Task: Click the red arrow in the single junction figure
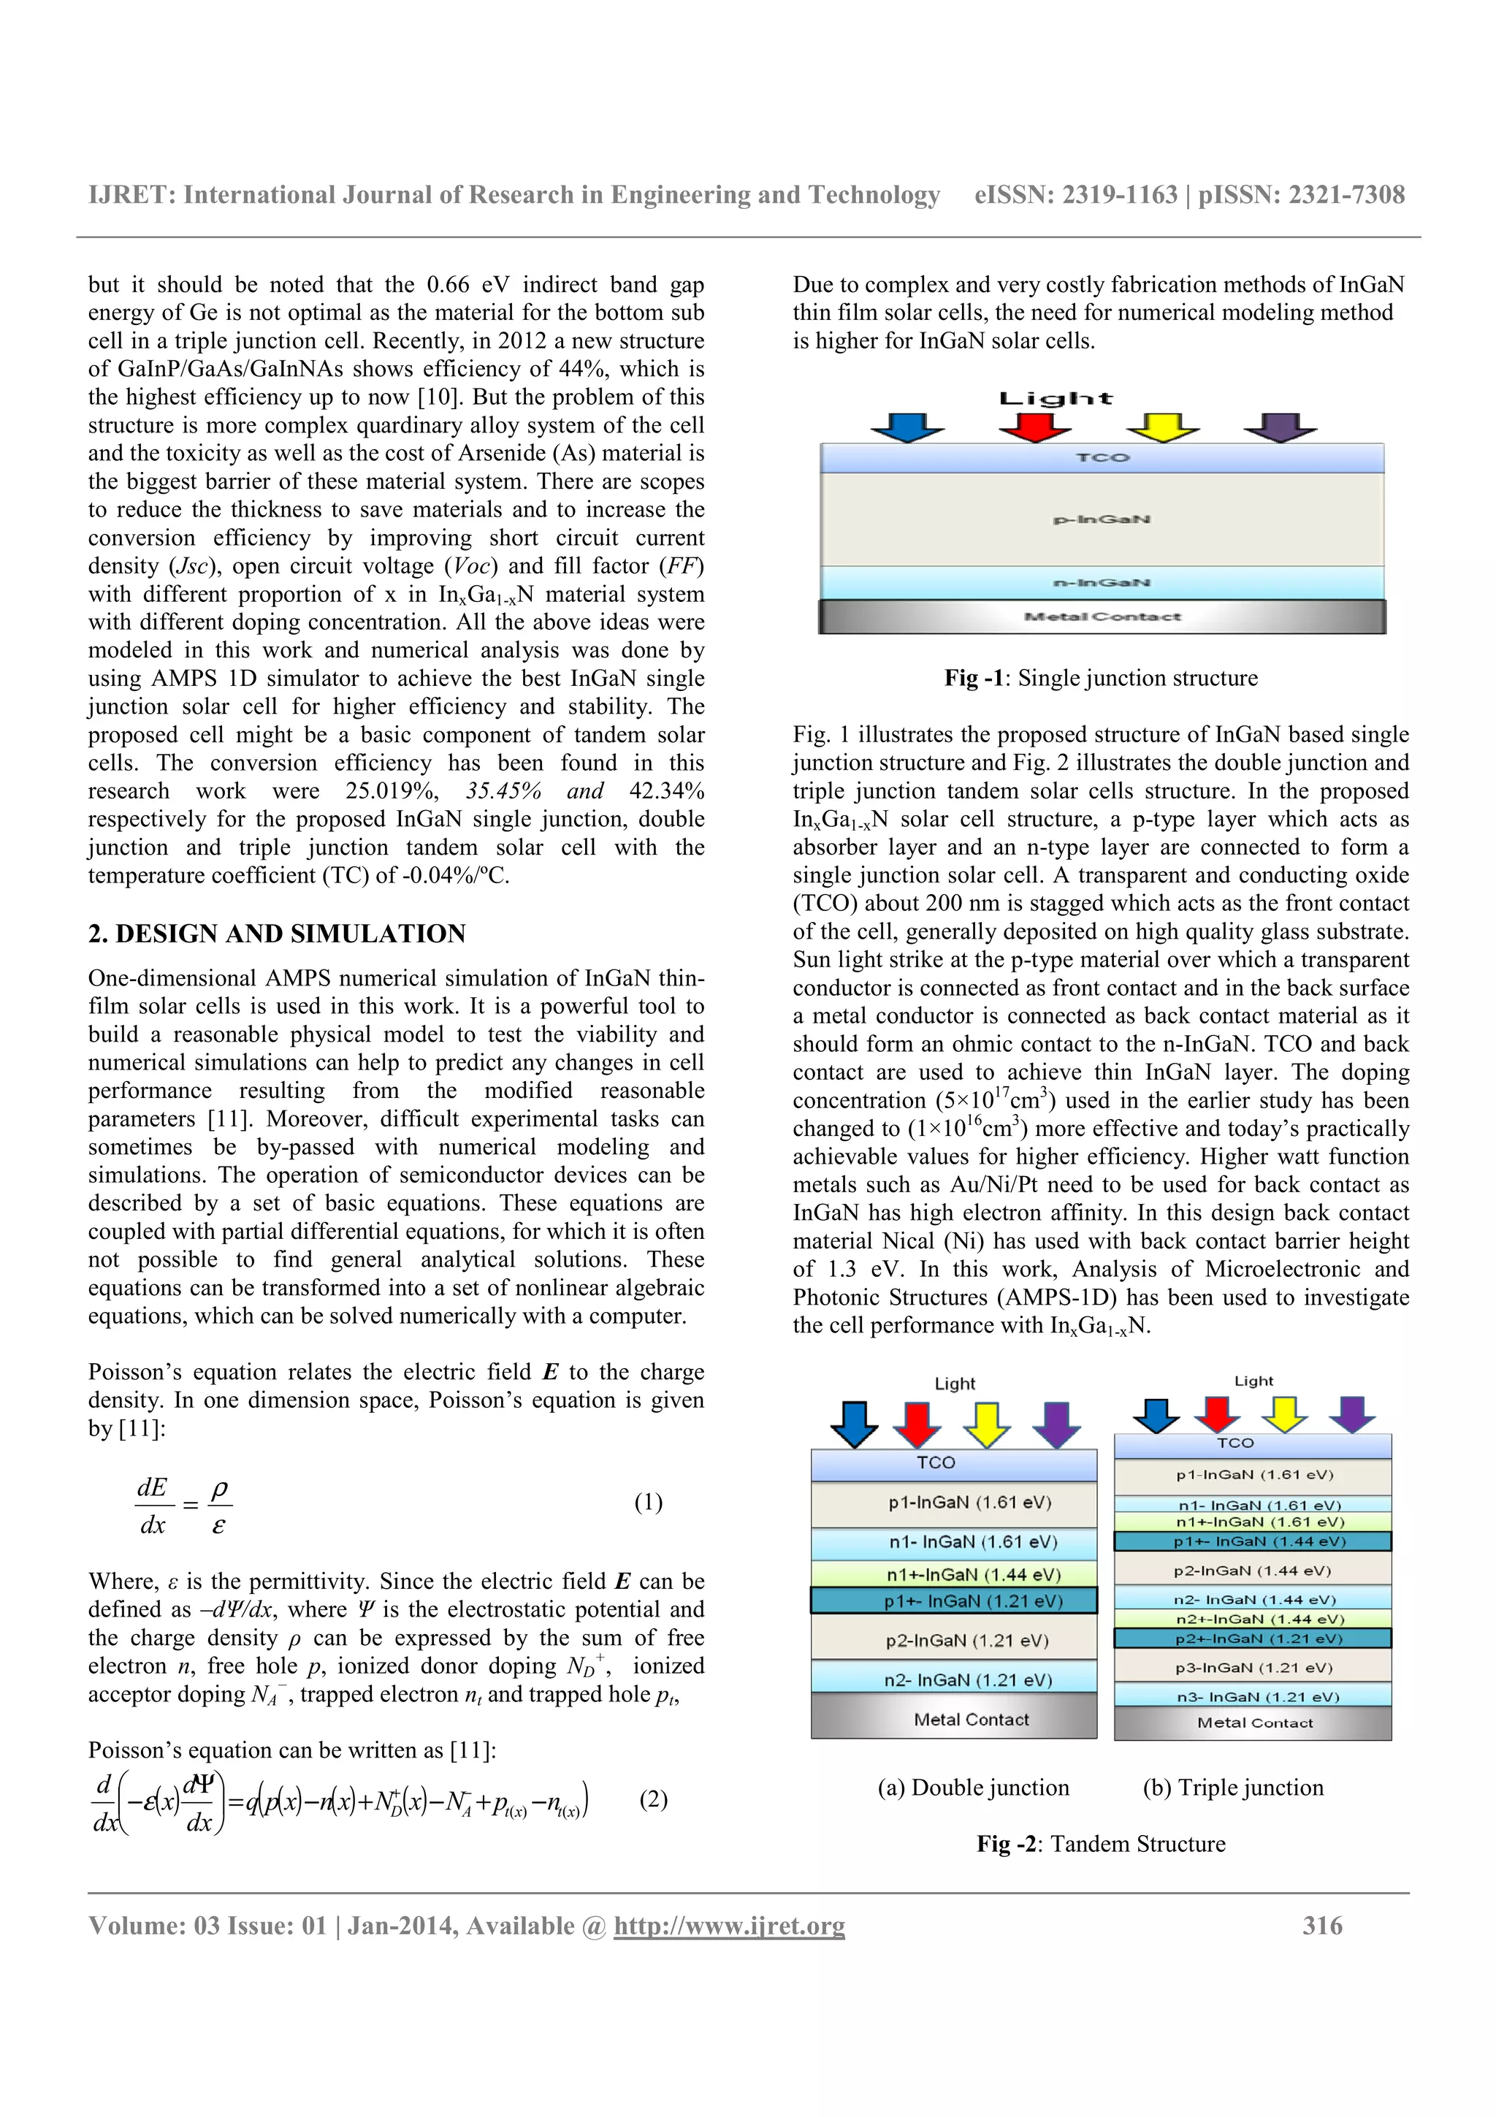[x=1034, y=427]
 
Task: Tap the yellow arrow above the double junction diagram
[x=986, y=1424]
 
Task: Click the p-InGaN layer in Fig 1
[x=1102, y=519]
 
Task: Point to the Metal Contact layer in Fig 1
[x=1102, y=616]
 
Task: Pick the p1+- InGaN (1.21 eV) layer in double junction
[x=953, y=1601]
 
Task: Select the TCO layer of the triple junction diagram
[x=1252, y=1443]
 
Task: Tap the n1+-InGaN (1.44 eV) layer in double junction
[x=953, y=1574]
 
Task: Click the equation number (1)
[x=648, y=1502]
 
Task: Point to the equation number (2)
[x=652, y=1799]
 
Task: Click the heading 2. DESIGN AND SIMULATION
[x=277, y=934]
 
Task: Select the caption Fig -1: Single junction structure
[x=1101, y=679]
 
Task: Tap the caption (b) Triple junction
[x=1232, y=1788]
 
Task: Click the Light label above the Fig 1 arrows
[x=1056, y=398]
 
